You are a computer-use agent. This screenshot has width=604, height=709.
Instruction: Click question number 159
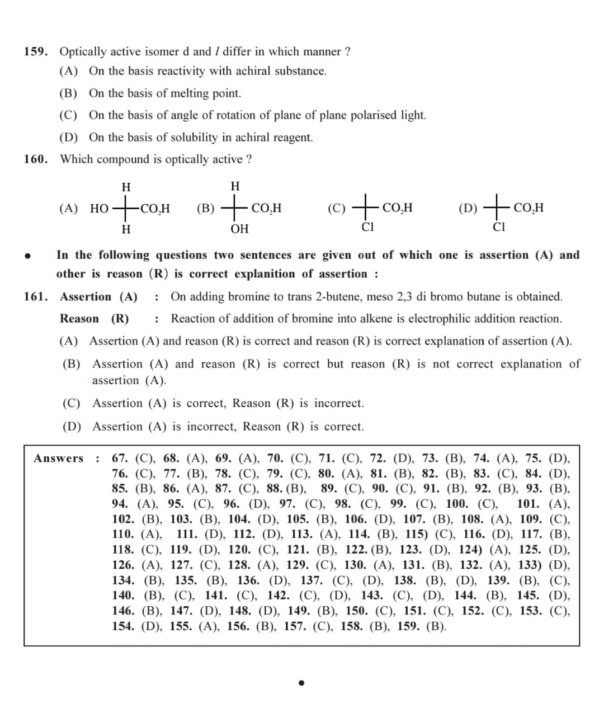point(36,52)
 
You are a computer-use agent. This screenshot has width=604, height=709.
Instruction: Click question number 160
point(36,159)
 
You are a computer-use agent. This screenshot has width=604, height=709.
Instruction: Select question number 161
point(36,297)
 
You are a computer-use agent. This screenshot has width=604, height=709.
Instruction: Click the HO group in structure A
point(100,209)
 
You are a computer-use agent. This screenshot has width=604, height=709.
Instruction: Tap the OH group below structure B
point(239,229)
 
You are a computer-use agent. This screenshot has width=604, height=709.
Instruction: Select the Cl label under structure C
point(367,227)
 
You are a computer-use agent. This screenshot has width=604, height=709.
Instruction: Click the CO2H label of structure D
point(528,208)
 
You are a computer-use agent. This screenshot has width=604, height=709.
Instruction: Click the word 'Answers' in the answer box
point(58,459)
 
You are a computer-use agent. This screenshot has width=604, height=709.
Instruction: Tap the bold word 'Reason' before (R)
point(79,319)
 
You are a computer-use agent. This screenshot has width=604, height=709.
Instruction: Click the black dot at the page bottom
point(301,682)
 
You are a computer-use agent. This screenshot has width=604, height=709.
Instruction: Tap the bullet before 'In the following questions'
point(26,256)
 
